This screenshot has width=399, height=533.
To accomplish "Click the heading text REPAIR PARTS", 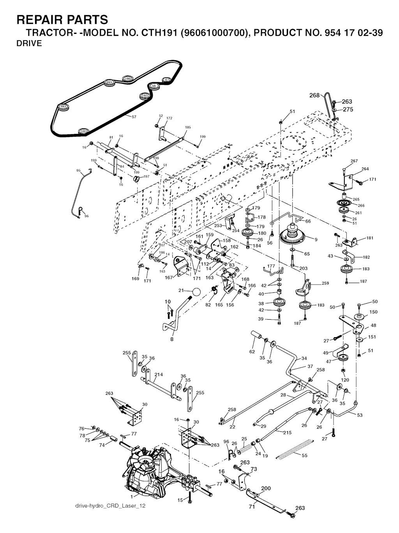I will (62, 19).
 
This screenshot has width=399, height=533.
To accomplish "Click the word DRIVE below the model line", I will (29, 43).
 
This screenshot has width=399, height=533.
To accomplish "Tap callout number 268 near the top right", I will (314, 95).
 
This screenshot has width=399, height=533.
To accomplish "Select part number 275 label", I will (348, 109).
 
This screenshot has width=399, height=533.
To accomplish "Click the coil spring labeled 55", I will (296, 449).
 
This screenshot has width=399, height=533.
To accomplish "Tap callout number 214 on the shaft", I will (158, 375).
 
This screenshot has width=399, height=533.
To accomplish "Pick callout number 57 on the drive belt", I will (134, 117).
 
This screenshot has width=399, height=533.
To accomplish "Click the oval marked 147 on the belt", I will (166, 80).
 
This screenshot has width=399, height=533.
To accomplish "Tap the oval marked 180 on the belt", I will (128, 79).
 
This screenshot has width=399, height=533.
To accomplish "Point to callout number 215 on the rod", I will (287, 433).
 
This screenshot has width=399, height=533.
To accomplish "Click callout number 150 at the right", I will (373, 312).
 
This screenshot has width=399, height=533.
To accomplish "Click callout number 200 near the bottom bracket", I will (266, 489).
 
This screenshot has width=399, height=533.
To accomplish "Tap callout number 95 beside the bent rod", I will (78, 171).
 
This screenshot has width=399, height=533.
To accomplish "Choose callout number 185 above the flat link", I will (188, 127).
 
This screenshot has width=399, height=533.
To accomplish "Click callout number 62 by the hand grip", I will (252, 352).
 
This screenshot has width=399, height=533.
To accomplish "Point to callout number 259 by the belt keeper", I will (325, 283).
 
